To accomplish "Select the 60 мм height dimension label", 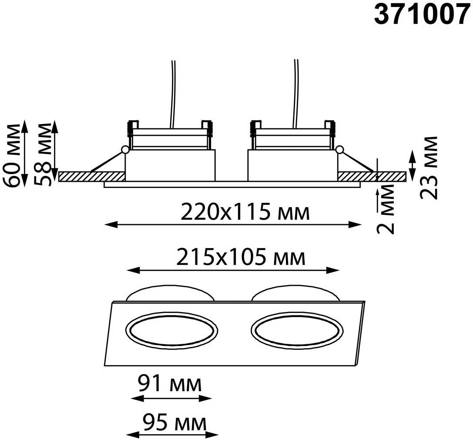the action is coord(12,155).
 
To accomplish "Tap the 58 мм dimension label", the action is coord(42,154).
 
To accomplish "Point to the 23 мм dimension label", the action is coord(428,168).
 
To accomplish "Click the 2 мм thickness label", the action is coord(386,209).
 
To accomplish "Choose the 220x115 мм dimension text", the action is coord(245,211).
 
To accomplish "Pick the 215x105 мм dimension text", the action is coord(241,257).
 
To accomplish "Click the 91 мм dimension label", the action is coord(170,384).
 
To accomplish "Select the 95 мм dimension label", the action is coord(174,423).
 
